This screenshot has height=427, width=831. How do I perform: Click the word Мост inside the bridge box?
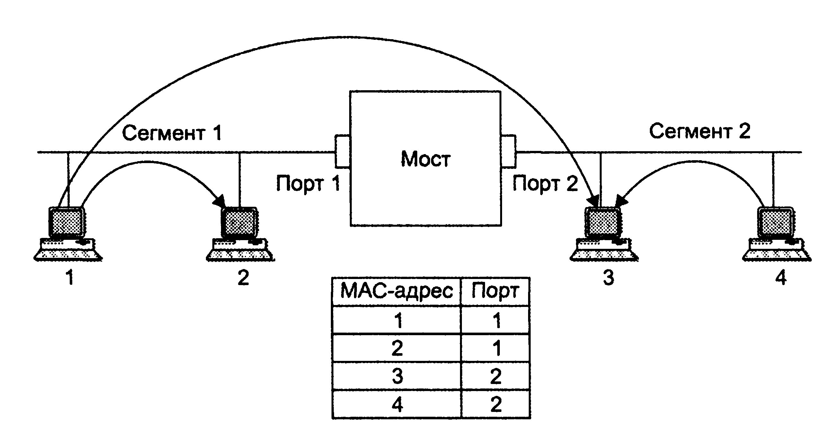425,159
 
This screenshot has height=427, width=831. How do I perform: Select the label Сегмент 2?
699,132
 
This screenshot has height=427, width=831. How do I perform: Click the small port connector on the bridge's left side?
343,152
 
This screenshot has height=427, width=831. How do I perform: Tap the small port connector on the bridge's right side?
508,152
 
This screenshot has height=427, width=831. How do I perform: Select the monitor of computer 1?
66,222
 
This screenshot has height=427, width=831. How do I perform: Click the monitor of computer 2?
239,222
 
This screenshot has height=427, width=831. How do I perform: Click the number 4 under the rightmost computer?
781,278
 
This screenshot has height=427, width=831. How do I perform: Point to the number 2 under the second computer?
243,278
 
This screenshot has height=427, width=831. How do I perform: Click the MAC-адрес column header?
396,291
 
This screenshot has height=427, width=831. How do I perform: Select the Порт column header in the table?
496,291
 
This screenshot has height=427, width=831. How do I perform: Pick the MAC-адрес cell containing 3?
397,376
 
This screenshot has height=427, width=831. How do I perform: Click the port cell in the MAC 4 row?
496,405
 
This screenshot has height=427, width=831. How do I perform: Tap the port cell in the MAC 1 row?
496,320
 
